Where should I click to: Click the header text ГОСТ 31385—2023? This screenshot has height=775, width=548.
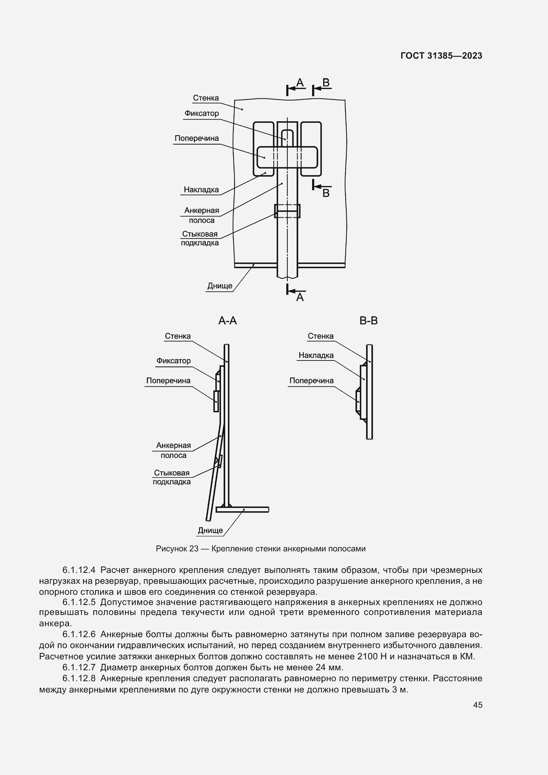(x=441, y=56)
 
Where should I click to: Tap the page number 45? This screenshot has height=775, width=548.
(x=477, y=705)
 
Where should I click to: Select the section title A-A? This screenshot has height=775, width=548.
(x=227, y=321)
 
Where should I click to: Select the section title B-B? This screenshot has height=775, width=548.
(x=368, y=321)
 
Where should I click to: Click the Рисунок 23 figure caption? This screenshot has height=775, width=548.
(x=260, y=549)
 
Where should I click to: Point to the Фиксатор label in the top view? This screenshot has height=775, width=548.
(x=201, y=113)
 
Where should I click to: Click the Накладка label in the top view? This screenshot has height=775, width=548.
(x=201, y=190)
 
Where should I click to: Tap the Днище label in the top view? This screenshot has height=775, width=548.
(x=220, y=286)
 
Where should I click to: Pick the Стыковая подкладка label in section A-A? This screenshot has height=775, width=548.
(x=172, y=477)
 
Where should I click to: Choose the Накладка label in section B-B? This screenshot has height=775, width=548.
(x=316, y=355)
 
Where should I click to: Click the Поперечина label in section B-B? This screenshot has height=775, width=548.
(x=311, y=381)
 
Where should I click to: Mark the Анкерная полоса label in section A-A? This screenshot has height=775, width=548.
(x=173, y=450)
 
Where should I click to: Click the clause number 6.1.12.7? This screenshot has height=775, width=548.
(x=79, y=667)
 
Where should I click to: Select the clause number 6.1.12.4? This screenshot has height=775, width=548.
(x=79, y=570)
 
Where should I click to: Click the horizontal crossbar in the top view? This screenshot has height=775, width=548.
(x=287, y=157)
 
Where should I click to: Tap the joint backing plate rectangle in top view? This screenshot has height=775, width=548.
(x=287, y=211)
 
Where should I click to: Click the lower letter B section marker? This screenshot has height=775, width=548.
(x=326, y=193)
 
